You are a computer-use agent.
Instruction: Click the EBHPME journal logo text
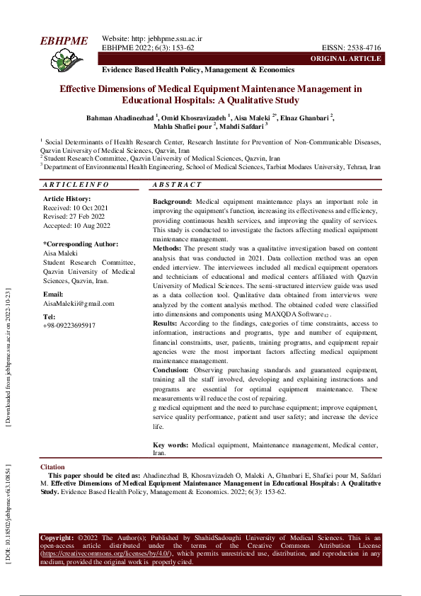pyautogui.click(x=64, y=41)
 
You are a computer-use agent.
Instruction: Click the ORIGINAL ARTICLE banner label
pyautogui.click(x=350, y=58)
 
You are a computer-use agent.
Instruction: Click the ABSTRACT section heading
pyautogui.click(x=178, y=185)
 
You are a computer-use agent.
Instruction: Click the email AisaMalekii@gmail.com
pyautogui.click(x=79, y=303)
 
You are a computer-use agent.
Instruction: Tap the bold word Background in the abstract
pyautogui.click(x=172, y=202)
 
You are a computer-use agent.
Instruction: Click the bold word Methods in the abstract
pyautogui.click(x=168, y=248)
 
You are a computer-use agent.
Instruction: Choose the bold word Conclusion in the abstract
pyautogui.click(x=171, y=369)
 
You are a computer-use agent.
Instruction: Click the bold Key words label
pyautogui.click(x=171, y=445)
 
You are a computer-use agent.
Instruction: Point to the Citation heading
pyautogui.click(x=52, y=468)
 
